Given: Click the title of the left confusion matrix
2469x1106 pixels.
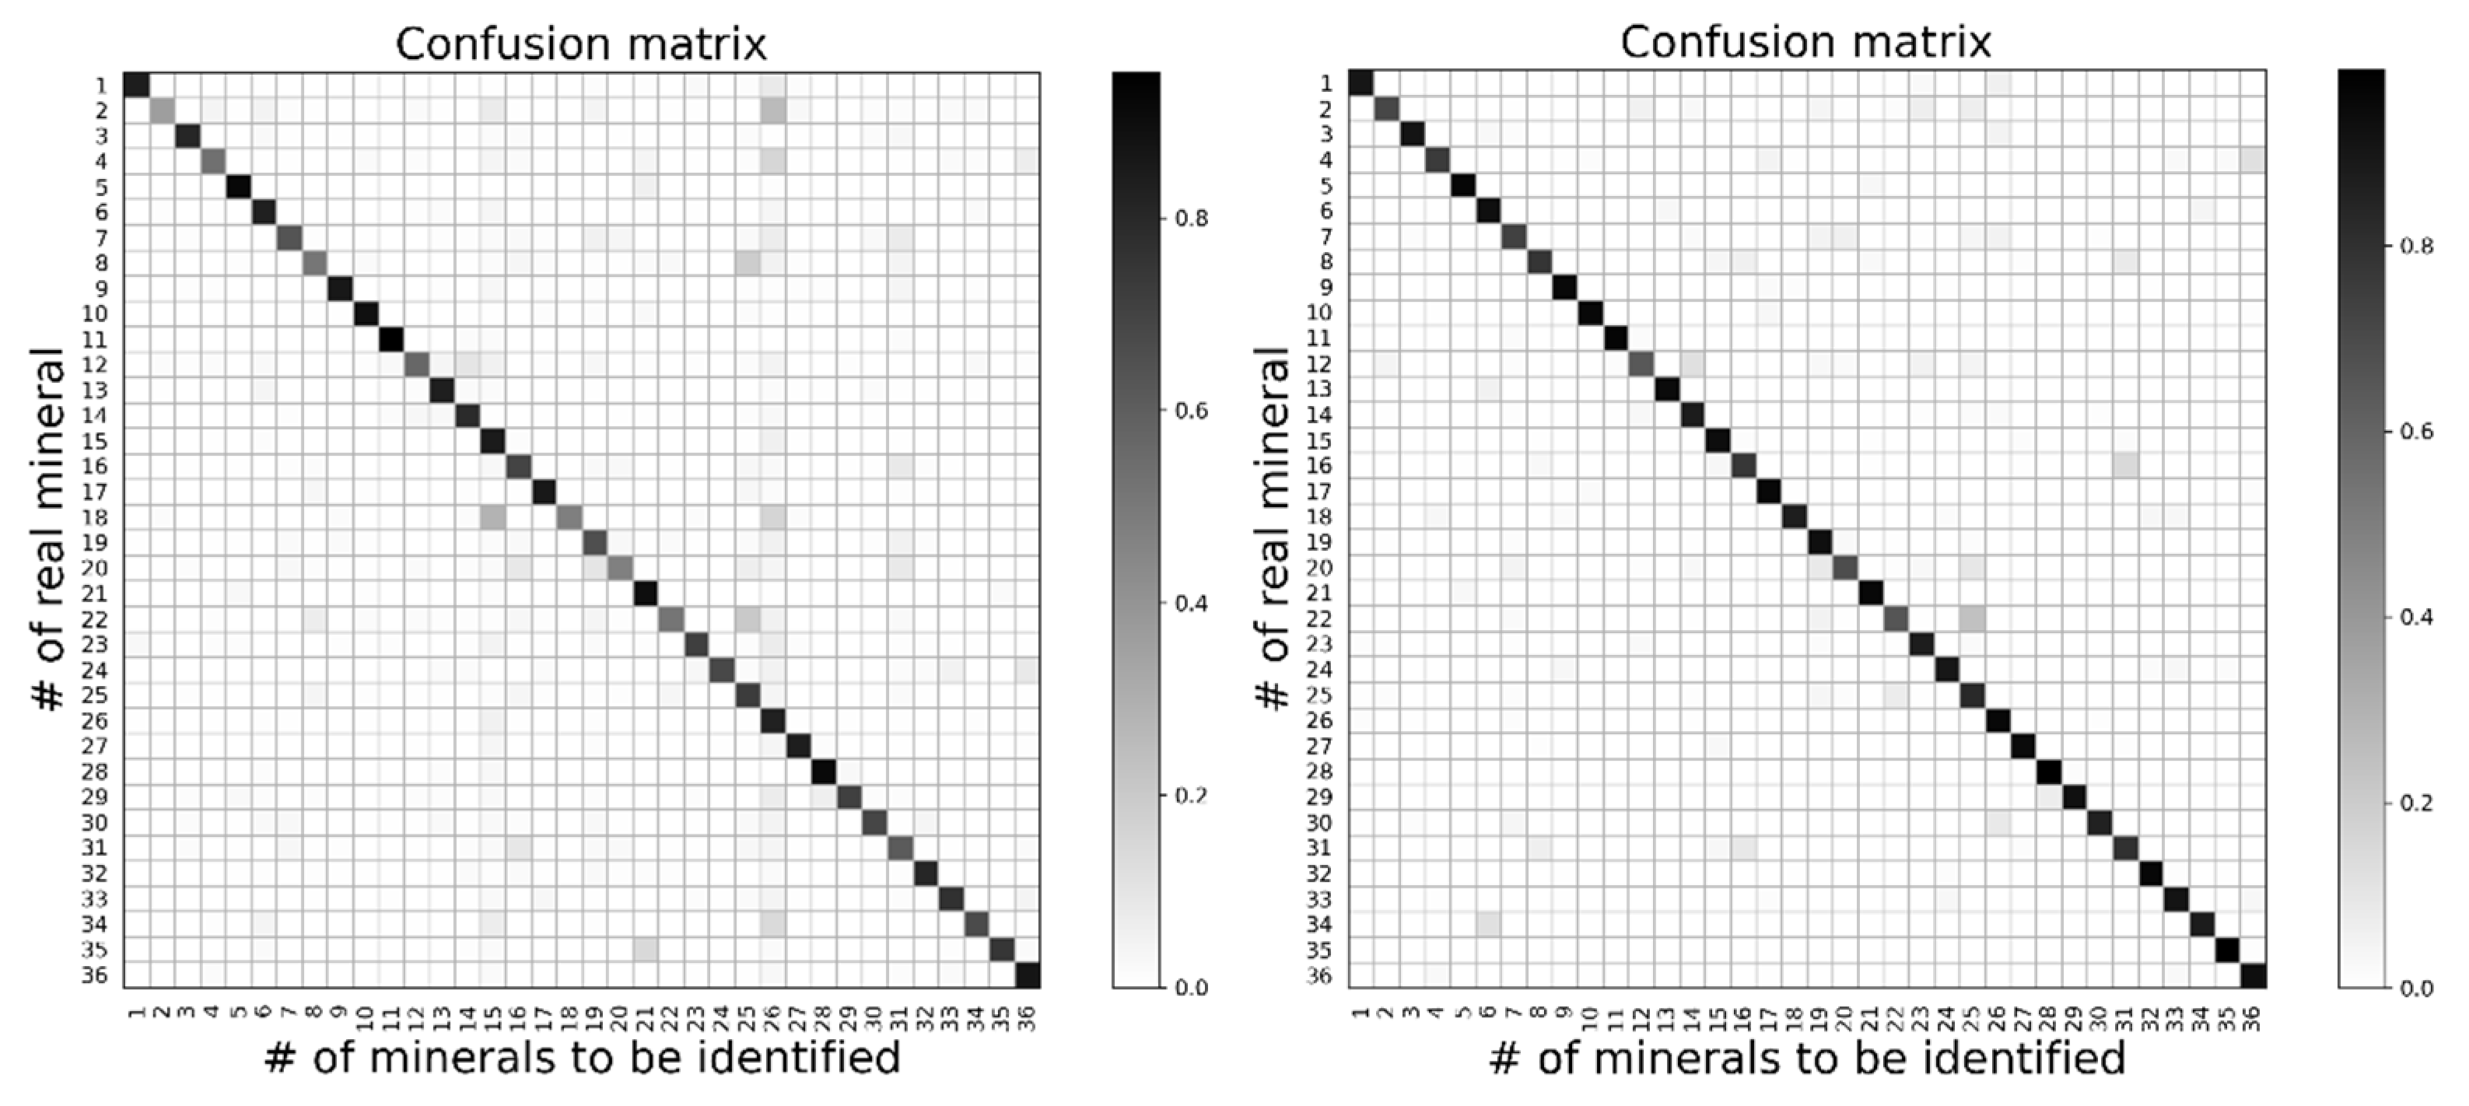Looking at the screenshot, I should (581, 44).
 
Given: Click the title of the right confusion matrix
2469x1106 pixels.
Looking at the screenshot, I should (1805, 42).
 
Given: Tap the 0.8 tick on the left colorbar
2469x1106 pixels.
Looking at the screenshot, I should (1192, 219).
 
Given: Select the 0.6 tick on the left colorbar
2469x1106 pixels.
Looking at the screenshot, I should (1192, 411).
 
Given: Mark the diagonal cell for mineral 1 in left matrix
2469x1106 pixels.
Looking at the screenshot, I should (136, 84).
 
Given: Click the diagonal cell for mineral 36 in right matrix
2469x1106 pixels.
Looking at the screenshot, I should (2254, 975).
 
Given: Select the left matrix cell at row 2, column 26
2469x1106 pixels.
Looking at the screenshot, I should (772, 110).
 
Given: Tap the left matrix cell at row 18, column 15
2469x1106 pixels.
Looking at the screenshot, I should (492, 517).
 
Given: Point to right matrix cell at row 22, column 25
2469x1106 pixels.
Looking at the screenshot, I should (1972, 618).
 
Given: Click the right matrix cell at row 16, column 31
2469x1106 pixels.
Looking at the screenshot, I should (2125, 466).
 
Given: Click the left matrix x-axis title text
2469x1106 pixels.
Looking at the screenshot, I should (582, 1058).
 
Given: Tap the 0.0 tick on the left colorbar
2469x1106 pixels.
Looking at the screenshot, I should (1192, 988).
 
